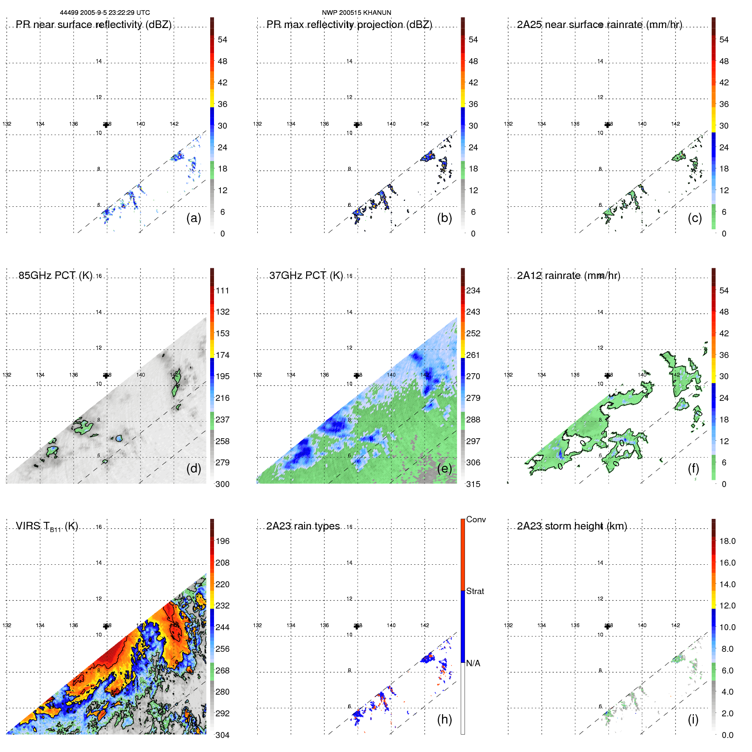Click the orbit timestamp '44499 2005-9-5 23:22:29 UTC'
tap(104, 13)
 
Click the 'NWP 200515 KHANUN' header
tap(356, 13)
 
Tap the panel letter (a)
tap(194, 218)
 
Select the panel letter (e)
tap(444, 468)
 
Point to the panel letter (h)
tap(444, 719)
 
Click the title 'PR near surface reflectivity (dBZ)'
tap(93, 25)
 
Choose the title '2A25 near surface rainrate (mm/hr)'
tap(599, 25)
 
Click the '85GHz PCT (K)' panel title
tap(55, 276)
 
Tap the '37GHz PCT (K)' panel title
tap(306, 276)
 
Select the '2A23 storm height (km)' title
tap(572, 526)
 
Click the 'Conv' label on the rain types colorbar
tap(476, 519)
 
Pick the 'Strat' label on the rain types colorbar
tap(475, 591)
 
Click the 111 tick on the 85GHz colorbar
tap(223, 290)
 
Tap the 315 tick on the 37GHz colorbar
tap(473, 484)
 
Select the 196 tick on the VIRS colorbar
tap(223, 541)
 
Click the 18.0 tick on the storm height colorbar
tap(727, 541)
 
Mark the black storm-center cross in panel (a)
tap(106, 125)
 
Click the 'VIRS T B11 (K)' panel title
tap(47, 526)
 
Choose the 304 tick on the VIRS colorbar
tap(223, 735)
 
